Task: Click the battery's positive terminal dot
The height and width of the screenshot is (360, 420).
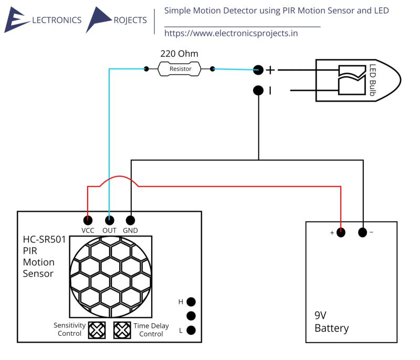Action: point(341,232)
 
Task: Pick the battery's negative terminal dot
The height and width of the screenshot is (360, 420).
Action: point(362,232)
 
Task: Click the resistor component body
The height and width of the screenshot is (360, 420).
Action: point(180,69)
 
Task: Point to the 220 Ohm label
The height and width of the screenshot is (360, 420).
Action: point(179,54)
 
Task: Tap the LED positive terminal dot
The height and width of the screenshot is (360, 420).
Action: point(258,69)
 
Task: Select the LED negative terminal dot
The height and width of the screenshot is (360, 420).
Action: point(258,90)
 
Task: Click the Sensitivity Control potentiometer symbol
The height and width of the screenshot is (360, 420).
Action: point(97,330)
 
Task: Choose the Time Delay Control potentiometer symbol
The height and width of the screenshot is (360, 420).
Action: point(122,330)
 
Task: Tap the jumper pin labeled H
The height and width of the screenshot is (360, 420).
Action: point(191,302)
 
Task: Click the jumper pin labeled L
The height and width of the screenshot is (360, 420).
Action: point(191,331)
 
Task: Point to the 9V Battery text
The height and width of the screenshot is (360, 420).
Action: point(331,322)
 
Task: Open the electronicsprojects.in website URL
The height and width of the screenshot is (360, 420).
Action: point(231,34)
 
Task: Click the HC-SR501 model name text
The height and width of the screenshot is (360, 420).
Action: point(44,240)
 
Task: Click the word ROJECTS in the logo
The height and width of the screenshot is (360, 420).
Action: point(130,20)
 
